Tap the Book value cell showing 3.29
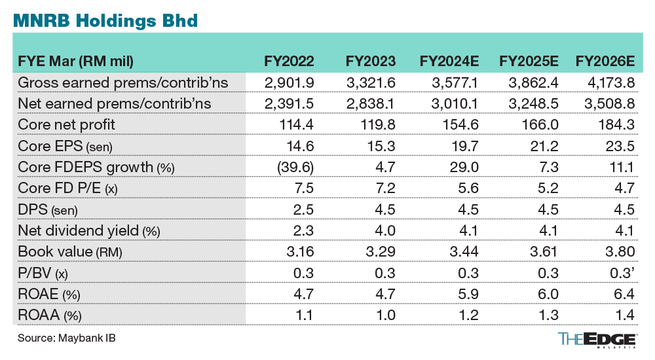(380, 252)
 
